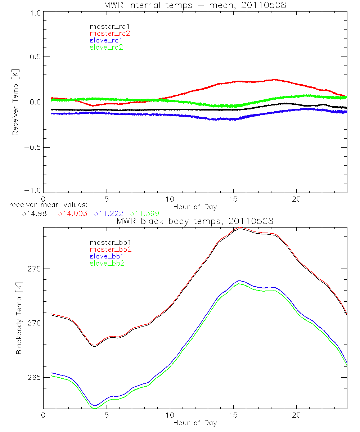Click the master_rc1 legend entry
tap(106, 26)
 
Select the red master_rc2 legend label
tap(110, 33)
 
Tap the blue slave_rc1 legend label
tap(106, 40)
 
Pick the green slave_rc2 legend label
tap(106, 47)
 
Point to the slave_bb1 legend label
tap(106, 256)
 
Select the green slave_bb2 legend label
tap(106, 264)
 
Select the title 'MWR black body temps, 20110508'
tap(195, 221)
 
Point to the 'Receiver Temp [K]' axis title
tap(15, 102)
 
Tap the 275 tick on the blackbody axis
tap(34, 269)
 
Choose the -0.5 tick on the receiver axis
tap(32, 147)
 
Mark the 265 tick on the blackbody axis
tap(34, 377)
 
